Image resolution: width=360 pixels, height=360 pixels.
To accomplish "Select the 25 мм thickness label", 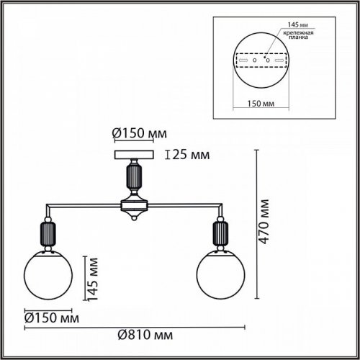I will point(189,154).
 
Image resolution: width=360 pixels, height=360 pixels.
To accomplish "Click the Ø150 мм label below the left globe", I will point(53,317).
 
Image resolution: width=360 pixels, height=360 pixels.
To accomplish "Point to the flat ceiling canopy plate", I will point(135,154).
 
